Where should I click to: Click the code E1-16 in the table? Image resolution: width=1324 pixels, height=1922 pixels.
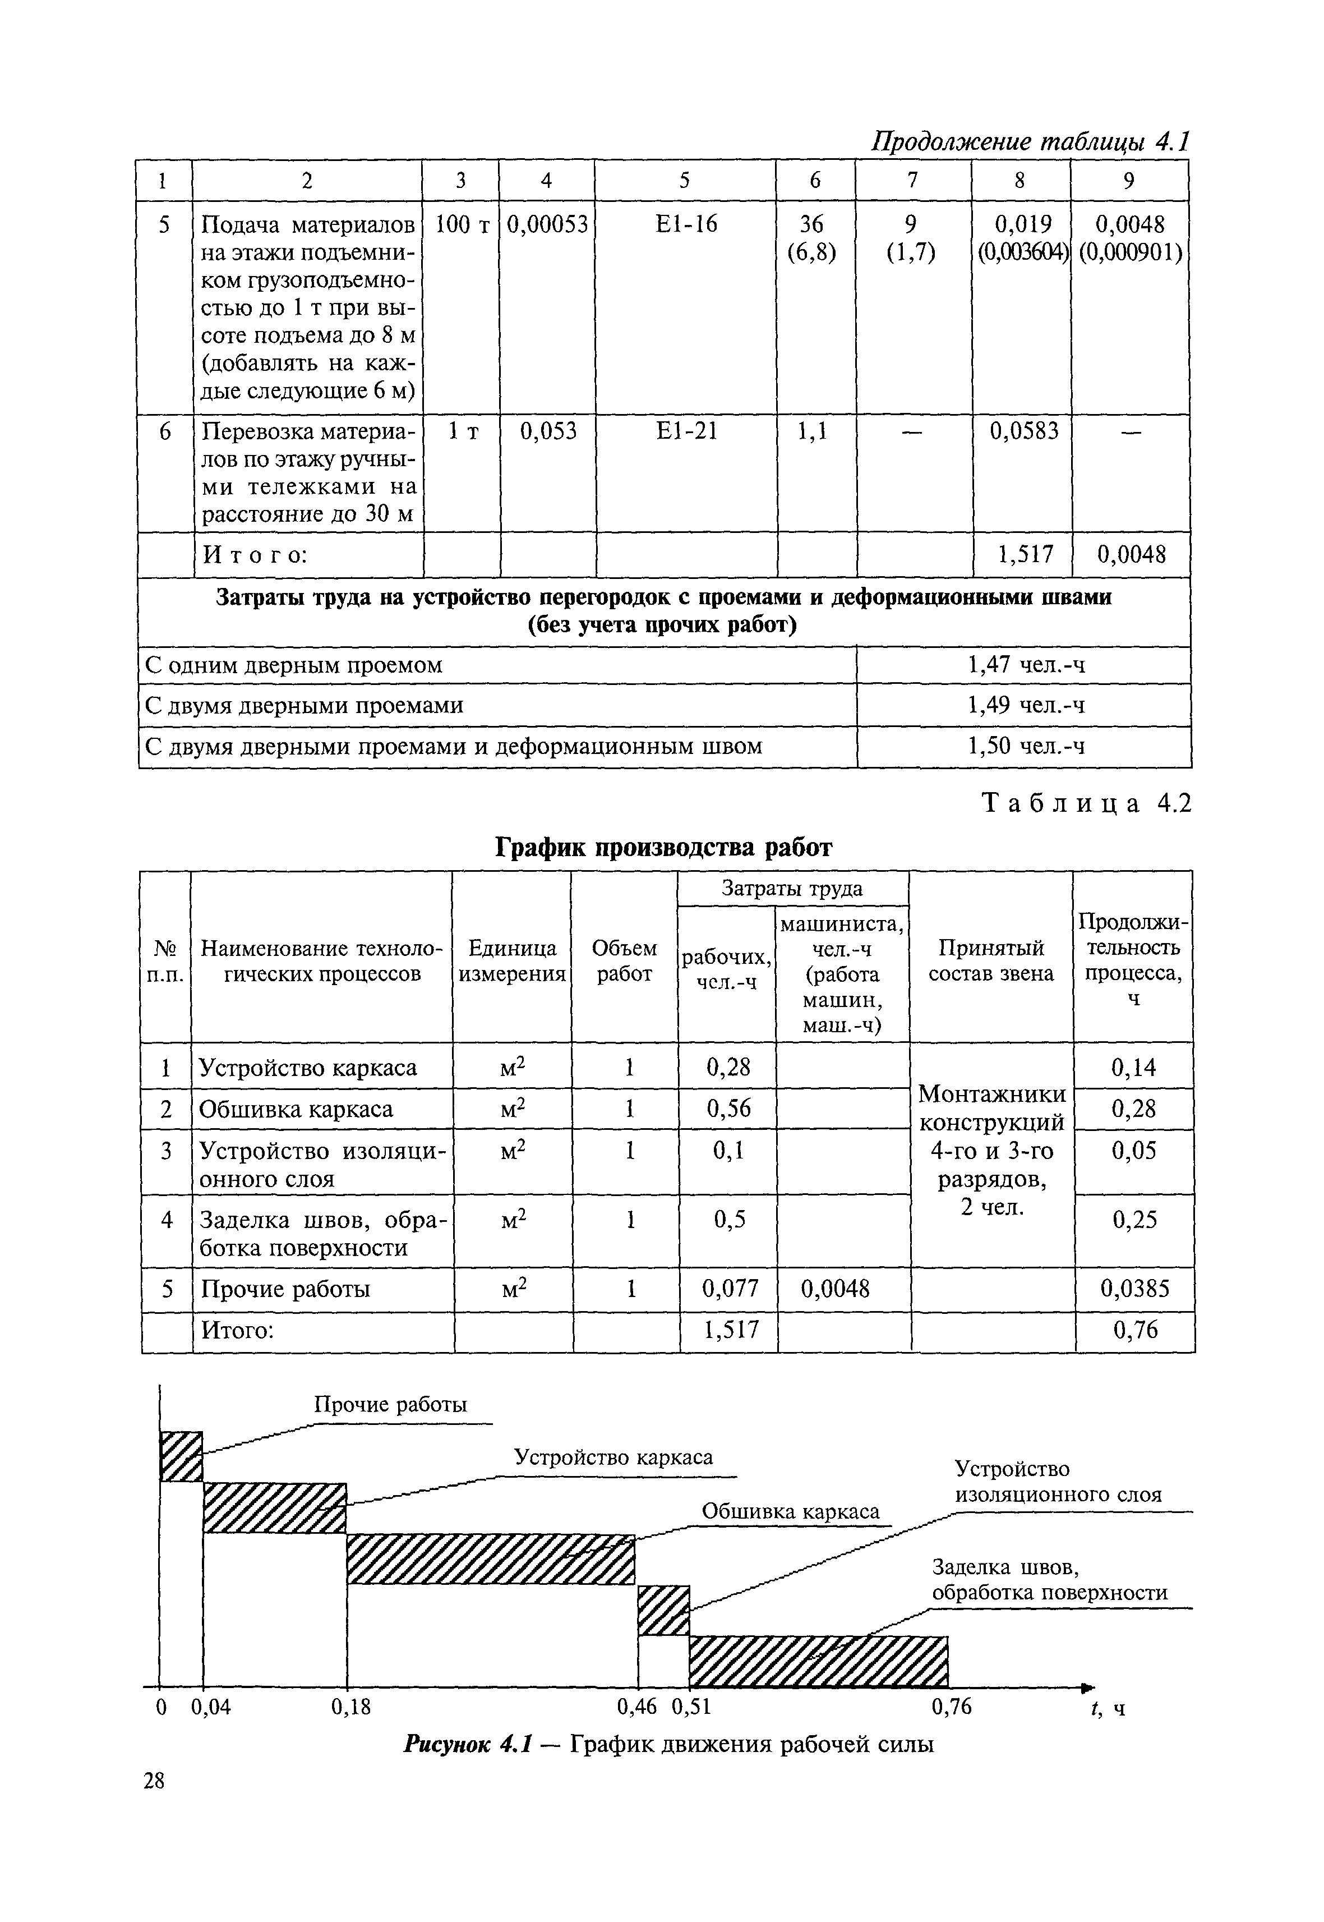coord(685,224)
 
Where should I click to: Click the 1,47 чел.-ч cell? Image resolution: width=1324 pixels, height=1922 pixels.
coord(1025,665)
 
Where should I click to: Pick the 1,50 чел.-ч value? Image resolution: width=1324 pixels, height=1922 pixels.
coord(1025,746)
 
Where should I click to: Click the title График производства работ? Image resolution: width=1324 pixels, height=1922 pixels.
coord(663,847)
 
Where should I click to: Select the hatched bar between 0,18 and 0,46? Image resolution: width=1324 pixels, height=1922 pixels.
coord(490,1560)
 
